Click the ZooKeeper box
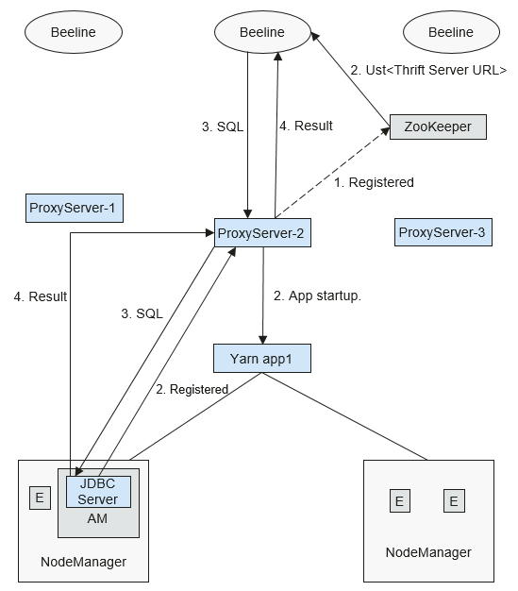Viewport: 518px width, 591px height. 438,127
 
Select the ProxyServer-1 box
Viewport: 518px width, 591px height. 75,208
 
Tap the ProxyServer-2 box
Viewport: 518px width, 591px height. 262,233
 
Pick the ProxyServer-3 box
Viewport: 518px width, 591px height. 443,232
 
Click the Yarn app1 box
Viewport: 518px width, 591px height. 262,359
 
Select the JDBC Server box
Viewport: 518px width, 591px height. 98,492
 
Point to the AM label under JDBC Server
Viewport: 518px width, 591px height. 97,518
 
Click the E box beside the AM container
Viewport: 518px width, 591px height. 40,498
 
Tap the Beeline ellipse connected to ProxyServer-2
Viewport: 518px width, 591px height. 262,32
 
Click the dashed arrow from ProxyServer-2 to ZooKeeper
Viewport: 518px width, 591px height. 333,173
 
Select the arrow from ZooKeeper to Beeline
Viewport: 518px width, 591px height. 350,79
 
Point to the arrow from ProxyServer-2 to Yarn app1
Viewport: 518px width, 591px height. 263,295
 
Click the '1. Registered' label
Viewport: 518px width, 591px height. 374,182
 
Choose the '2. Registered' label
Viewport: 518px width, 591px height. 192,389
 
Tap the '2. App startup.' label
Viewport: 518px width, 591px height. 317,295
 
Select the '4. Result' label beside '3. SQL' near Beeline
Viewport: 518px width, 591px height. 306,126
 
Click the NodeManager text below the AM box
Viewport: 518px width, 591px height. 83,562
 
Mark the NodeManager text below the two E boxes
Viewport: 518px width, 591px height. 428,552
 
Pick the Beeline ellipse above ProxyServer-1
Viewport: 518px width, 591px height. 74,32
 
